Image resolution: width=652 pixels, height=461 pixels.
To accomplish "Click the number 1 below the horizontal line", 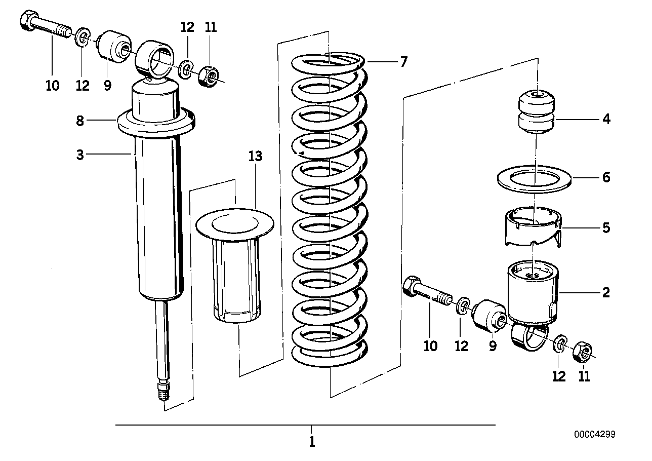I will pos(312,441).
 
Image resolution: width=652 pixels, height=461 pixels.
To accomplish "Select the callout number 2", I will pos(605,292).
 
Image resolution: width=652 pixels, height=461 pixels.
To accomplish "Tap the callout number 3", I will pos(80,155).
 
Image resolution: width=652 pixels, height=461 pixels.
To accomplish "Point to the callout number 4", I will pos(606,120).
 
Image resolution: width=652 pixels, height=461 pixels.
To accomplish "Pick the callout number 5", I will pos(606,228).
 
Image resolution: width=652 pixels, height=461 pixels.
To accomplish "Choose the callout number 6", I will pos(606,177).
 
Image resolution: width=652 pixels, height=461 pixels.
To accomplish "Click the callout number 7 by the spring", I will pos(403,62).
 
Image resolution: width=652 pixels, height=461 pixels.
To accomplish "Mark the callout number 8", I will pos(80,121).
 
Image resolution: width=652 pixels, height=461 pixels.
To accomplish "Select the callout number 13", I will pos(256,156).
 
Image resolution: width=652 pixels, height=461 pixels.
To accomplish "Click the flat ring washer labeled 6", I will pos(535,179).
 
